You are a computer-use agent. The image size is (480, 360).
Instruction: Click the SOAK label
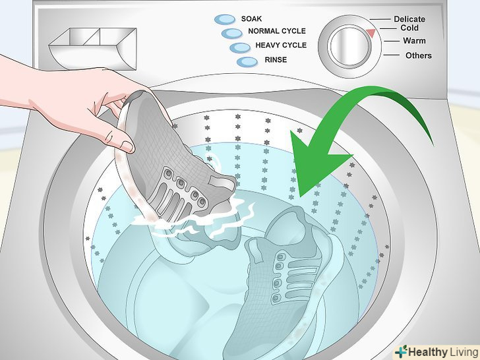[251, 19]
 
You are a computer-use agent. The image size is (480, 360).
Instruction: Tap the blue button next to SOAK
[225, 19]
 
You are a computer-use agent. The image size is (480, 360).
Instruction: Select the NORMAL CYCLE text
[277, 31]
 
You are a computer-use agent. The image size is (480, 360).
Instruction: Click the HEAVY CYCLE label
[281, 45]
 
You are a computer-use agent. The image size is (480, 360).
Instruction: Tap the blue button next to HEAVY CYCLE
[240, 47]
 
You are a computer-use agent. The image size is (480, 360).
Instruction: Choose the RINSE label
[276, 60]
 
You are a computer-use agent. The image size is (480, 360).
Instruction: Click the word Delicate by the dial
[409, 19]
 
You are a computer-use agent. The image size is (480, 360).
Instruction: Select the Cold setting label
[409, 28]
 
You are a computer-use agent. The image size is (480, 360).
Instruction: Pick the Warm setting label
[414, 41]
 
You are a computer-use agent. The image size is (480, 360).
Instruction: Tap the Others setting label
[419, 55]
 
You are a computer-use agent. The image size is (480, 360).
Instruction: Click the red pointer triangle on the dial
[371, 33]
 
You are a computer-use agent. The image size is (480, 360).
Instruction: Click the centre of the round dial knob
[349, 46]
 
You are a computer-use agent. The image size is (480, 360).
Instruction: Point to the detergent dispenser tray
[92, 49]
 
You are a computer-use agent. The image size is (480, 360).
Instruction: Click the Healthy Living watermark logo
[436, 351]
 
